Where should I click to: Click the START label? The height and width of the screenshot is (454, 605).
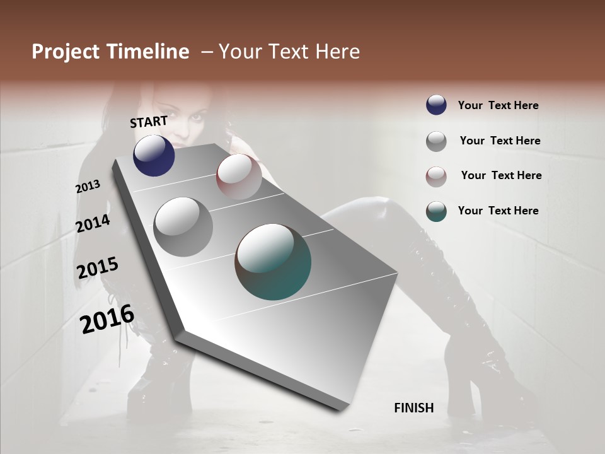pos(149,121)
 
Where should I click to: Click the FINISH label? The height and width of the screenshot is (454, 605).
pos(413,408)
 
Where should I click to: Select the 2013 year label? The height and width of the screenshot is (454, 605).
pos(88,187)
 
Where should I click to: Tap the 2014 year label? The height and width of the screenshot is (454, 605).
pos(93,223)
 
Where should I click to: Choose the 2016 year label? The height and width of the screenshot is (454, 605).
pos(107,318)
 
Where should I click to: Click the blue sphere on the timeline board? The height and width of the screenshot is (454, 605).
pos(154,155)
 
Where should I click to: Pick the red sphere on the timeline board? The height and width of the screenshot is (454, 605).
pos(238,176)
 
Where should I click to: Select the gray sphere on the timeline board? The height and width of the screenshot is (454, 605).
pos(183,226)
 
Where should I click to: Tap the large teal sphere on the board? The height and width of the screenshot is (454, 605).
pos(273,262)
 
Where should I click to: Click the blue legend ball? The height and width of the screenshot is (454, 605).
pos(436,105)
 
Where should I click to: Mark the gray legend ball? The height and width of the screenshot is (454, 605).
pos(436,141)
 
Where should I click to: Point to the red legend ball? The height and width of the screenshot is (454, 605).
pos(436,177)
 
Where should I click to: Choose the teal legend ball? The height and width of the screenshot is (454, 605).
pos(436,211)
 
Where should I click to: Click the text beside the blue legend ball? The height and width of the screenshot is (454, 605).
pos(498,105)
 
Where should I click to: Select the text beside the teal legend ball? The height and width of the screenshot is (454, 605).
pos(498,211)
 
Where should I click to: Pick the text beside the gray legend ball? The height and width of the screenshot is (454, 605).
pos(500,141)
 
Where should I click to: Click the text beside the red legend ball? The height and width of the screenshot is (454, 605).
pos(501,175)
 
